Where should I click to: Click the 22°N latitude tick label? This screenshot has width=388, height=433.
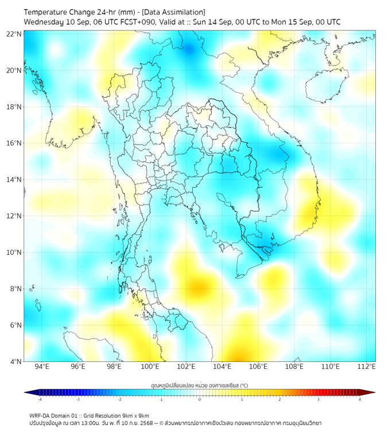14,34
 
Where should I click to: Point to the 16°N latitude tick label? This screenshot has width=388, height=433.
14,143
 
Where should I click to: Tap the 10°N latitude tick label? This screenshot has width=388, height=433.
14,253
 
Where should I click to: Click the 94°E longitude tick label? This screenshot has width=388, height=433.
42,367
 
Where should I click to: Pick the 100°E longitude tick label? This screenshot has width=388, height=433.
150,367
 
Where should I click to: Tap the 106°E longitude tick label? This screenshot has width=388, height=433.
258,367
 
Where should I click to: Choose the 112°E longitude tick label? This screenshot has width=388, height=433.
367,367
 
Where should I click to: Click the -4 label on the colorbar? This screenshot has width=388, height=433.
40,400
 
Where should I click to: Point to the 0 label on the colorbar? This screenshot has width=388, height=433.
200,400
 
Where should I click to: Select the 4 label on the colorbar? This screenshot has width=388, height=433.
360,400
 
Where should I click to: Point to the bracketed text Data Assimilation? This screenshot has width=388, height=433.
173,12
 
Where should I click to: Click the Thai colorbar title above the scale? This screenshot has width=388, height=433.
199,385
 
